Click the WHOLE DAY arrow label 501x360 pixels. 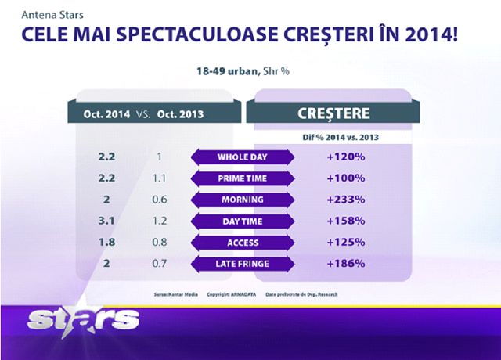pos(243,157)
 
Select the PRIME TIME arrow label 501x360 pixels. pos(243,178)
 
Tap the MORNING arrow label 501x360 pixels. pos(243,199)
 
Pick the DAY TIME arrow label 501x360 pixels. pos(243,221)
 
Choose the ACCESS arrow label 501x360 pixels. pos(243,242)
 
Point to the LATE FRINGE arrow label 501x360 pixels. pos(243,263)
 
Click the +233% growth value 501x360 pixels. pos(345,199)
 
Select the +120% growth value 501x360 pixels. pos(345,157)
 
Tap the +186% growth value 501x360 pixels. pos(345,263)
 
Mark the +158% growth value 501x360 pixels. pos(345,221)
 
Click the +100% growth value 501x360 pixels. pos(345,178)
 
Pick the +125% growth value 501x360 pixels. pos(345,242)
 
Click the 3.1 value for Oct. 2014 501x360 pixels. pos(106,221)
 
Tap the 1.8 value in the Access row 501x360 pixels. pos(106,242)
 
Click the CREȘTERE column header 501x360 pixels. pos(334,113)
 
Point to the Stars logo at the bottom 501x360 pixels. pos(82,319)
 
